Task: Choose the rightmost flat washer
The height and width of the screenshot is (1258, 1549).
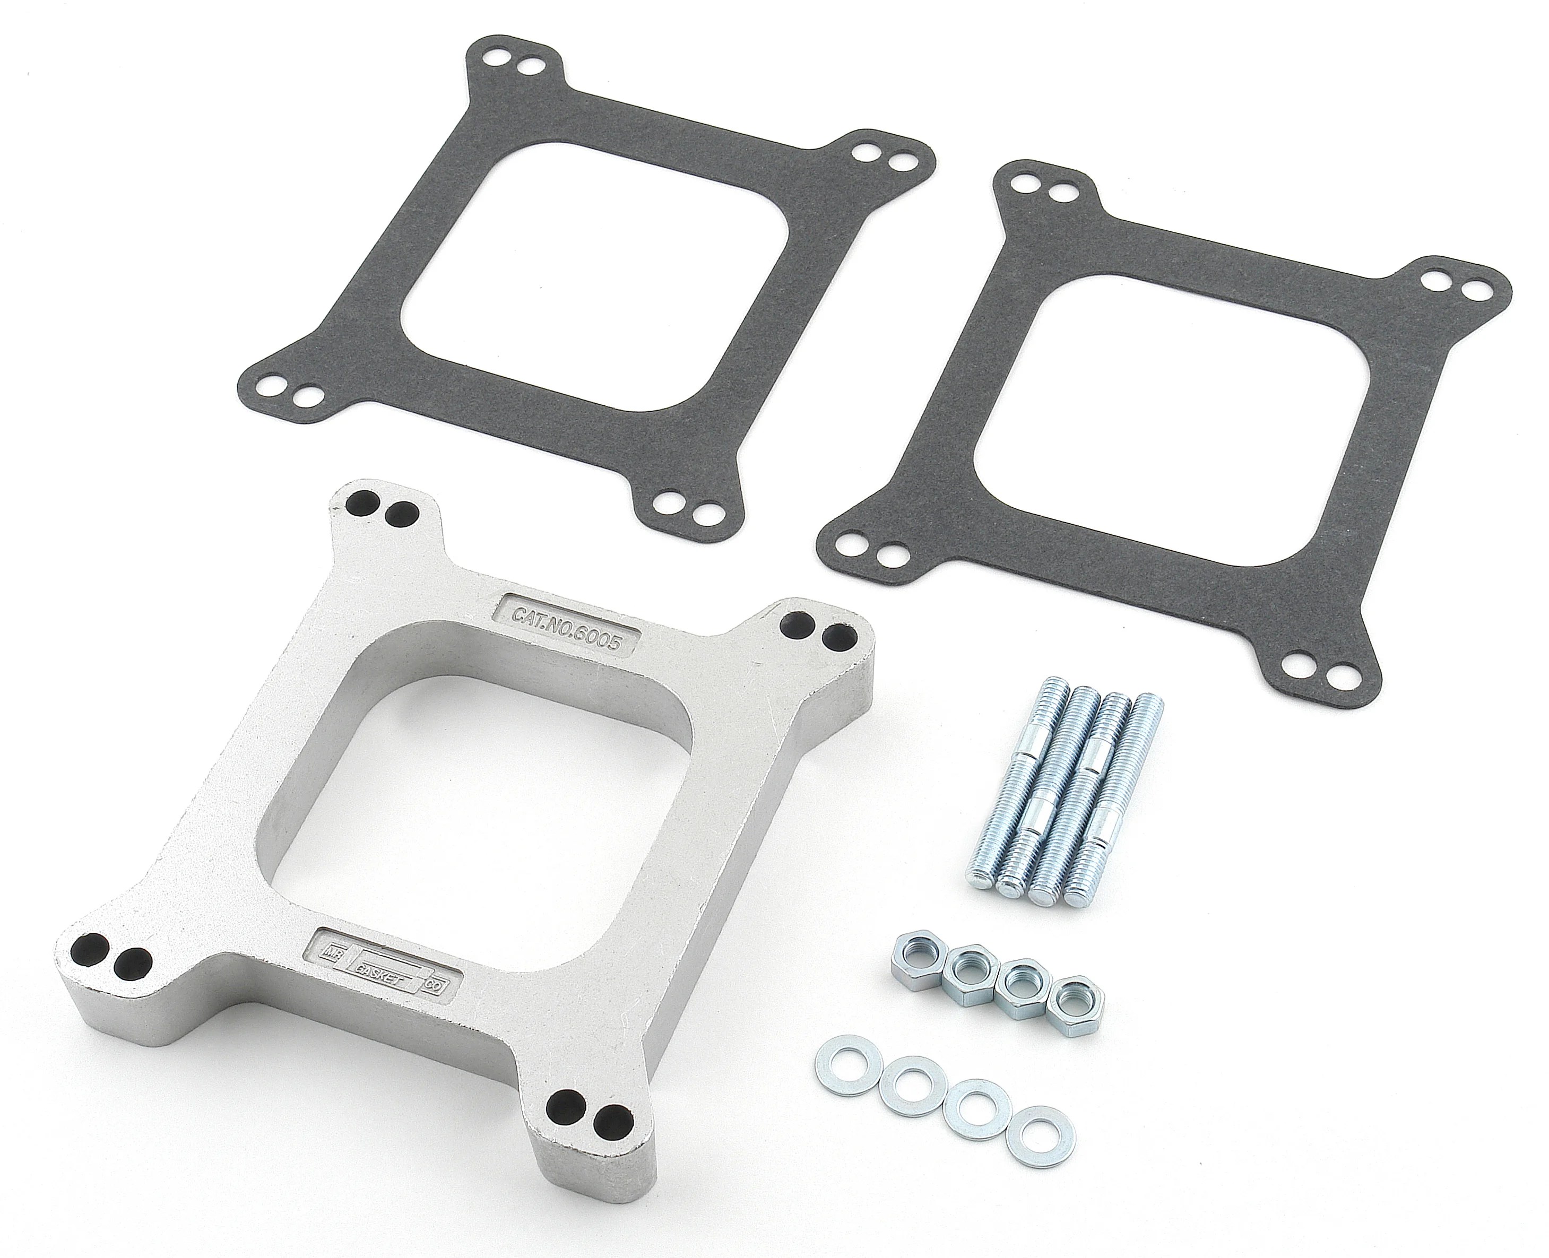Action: coord(1042,1141)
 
